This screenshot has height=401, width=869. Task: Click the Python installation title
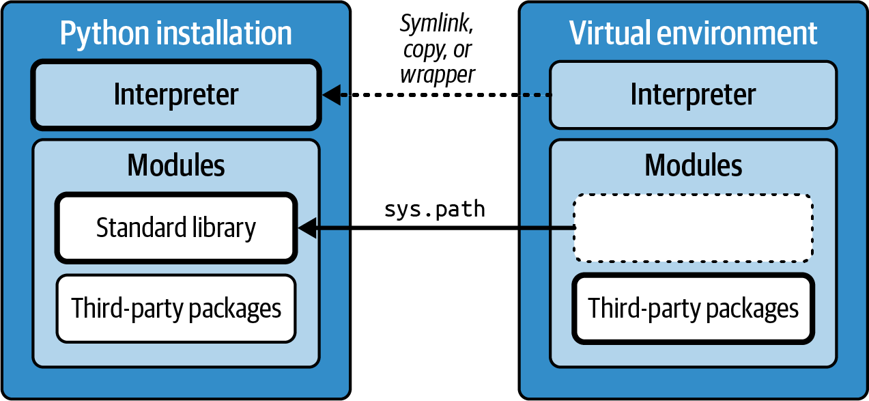[175, 33]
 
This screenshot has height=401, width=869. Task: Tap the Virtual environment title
[693, 33]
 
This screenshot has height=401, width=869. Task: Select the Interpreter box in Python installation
[175, 95]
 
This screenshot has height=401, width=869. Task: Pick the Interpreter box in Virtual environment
[693, 95]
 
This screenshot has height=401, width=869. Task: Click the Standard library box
[176, 227]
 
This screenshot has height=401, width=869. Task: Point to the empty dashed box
[693, 228]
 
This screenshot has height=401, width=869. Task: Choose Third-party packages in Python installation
[176, 308]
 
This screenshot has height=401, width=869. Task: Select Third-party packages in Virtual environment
[693, 308]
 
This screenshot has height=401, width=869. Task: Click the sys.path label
[434, 209]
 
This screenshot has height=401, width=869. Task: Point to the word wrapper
[437, 74]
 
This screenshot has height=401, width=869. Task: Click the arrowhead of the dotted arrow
[332, 95]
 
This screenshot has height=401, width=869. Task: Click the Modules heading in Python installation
[175, 165]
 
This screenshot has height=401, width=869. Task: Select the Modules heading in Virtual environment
[693, 165]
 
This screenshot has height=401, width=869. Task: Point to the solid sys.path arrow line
[444, 228]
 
